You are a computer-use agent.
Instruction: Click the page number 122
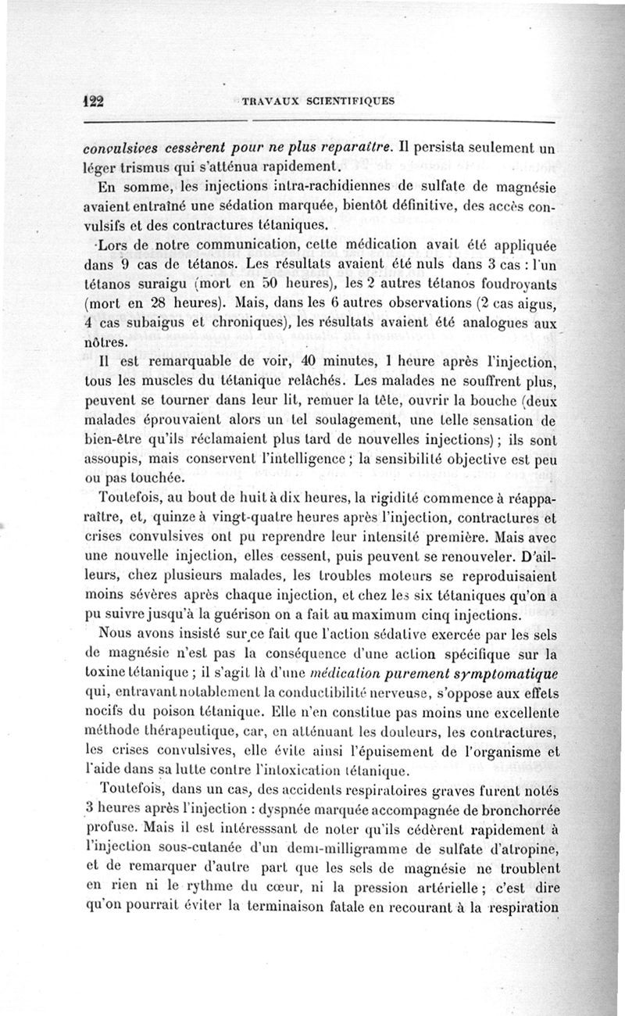point(95,101)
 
